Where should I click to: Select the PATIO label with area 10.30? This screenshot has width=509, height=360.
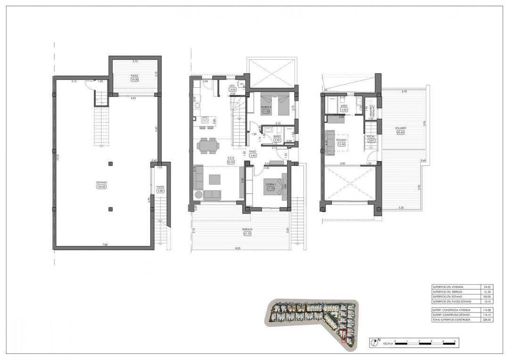click(x=134, y=75)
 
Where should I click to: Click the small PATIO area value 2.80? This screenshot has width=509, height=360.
click(x=160, y=191)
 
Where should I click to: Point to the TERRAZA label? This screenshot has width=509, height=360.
click(x=248, y=229)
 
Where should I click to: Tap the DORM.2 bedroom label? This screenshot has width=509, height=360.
click(x=265, y=107)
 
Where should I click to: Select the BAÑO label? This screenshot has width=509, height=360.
click(x=278, y=136)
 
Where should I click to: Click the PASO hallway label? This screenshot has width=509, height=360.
click(x=252, y=151)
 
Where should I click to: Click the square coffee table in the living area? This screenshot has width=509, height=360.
click(x=214, y=179)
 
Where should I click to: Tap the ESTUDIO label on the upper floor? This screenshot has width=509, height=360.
click(x=342, y=140)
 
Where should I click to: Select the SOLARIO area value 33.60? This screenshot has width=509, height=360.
click(x=401, y=132)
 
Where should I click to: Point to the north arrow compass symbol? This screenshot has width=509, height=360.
click(x=375, y=343)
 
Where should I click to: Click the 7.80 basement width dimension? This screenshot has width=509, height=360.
click(x=105, y=245)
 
